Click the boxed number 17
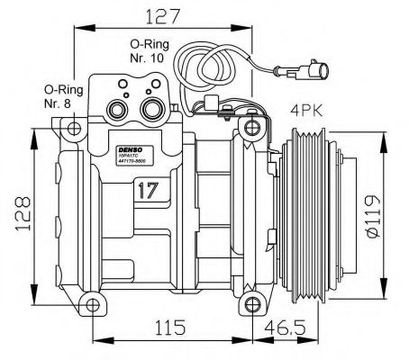pyautogui.click(x=148, y=189)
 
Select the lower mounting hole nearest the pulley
pyautogui.click(x=243, y=297)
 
